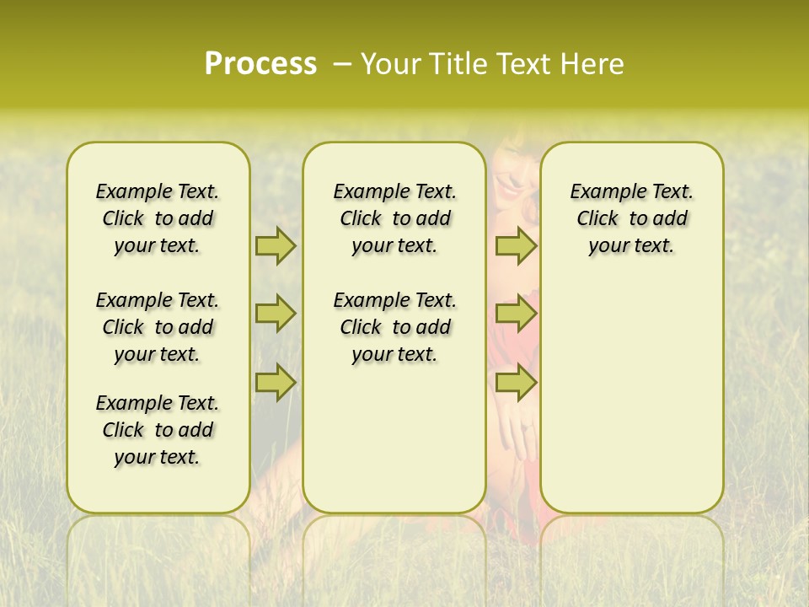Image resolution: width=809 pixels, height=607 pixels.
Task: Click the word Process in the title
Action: [x=260, y=64]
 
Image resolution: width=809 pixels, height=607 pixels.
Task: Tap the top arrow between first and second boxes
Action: [x=276, y=245]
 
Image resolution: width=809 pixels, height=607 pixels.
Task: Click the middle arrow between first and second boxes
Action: [x=276, y=314]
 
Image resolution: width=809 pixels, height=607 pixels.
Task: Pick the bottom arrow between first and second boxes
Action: [x=276, y=382]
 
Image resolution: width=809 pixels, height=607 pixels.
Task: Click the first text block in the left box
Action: [x=158, y=218]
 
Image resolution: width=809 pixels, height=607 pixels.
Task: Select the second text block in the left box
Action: [x=158, y=327]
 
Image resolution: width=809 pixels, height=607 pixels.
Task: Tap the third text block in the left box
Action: [x=158, y=430]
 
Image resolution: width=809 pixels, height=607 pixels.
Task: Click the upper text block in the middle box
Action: [x=394, y=218]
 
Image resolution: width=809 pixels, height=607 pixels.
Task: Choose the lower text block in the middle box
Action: [x=394, y=327]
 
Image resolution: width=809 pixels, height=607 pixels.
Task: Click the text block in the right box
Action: [x=631, y=218]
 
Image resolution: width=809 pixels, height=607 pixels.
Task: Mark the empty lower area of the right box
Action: [x=631, y=396]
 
